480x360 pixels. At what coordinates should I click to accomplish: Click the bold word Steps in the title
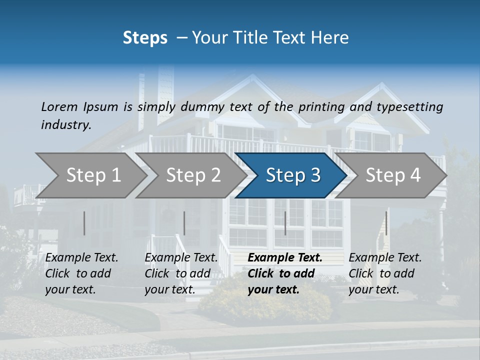coord(145,38)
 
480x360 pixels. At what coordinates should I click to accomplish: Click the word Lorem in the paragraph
coord(59,106)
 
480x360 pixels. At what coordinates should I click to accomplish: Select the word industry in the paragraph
coord(65,125)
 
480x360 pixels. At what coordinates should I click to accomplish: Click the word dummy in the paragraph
coord(203,106)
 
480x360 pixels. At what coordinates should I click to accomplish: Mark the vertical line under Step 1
coord(84,223)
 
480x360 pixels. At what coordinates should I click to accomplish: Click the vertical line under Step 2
coord(184,223)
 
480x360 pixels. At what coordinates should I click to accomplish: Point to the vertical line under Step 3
coord(285,223)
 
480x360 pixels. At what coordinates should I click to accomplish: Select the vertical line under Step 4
coord(386,223)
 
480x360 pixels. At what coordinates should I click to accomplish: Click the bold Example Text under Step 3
coord(285,258)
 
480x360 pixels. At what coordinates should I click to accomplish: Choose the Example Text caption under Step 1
coord(81,258)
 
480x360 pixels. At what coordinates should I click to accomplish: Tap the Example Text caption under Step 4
coord(385,258)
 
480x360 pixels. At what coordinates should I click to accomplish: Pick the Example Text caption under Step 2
coord(181,258)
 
